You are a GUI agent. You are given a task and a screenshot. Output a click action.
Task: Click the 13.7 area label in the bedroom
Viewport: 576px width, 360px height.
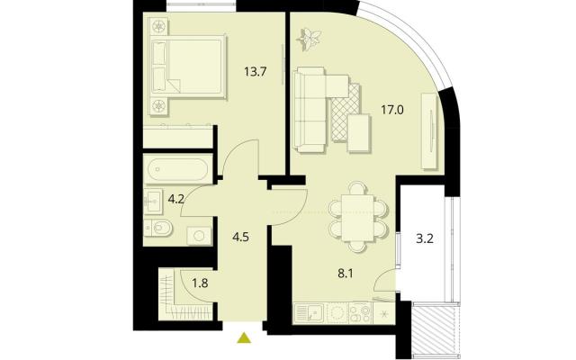click(255, 71)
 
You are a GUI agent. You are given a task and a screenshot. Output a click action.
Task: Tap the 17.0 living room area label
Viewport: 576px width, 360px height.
click(392, 110)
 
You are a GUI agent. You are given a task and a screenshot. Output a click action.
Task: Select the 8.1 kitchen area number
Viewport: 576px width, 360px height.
click(346, 274)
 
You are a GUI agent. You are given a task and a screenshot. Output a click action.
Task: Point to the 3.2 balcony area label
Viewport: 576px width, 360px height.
click(425, 238)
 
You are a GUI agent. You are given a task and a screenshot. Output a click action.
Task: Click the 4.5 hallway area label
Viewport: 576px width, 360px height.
click(240, 237)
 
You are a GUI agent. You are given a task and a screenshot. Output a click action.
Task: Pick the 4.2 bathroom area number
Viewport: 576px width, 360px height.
click(176, 200)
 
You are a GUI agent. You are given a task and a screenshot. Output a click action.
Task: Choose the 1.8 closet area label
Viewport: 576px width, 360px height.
click(200, 283)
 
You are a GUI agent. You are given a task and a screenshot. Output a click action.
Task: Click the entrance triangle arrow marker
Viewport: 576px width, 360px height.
click(244, 338)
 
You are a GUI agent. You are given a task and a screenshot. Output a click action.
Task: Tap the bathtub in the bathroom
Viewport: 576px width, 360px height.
click(178, 169)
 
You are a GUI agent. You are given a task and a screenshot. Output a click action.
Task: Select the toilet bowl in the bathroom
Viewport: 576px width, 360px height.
click(159, 229)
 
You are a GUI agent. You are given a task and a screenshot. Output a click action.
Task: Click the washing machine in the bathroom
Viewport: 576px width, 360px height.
click(199, 236)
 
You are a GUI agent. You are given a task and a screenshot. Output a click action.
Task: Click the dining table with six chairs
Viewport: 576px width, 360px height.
click(358, 218)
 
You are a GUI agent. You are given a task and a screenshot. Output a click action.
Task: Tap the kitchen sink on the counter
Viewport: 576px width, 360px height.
click(310, 313)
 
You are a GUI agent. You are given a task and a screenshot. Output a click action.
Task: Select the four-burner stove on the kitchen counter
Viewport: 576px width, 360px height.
click(360, 313)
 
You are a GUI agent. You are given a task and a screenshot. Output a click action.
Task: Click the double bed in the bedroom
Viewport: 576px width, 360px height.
click(189, 66)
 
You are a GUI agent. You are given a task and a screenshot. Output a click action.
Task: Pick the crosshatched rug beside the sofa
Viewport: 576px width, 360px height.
click(345, 112)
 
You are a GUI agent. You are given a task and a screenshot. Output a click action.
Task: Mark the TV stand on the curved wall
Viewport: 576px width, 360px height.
click(430, 131)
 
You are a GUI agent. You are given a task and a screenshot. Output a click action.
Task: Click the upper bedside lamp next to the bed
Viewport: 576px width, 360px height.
click(159, 26)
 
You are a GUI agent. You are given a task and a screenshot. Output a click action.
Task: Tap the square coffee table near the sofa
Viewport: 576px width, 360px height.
click(359, 132)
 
